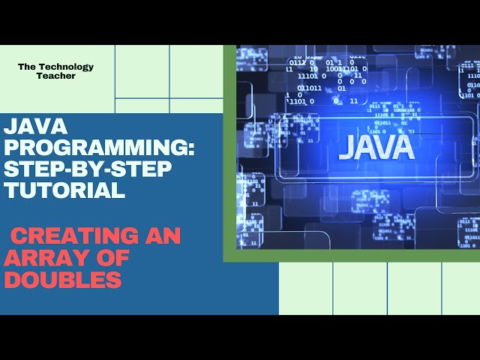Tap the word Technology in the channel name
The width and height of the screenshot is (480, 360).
70,67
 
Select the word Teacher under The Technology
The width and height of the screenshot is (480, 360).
56,76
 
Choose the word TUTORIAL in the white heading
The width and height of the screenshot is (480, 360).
64,190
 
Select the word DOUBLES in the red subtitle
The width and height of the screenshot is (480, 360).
63,280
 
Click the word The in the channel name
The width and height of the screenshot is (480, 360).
27,67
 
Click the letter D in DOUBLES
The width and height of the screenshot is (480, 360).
13,280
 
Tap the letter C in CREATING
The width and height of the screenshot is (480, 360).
17,236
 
